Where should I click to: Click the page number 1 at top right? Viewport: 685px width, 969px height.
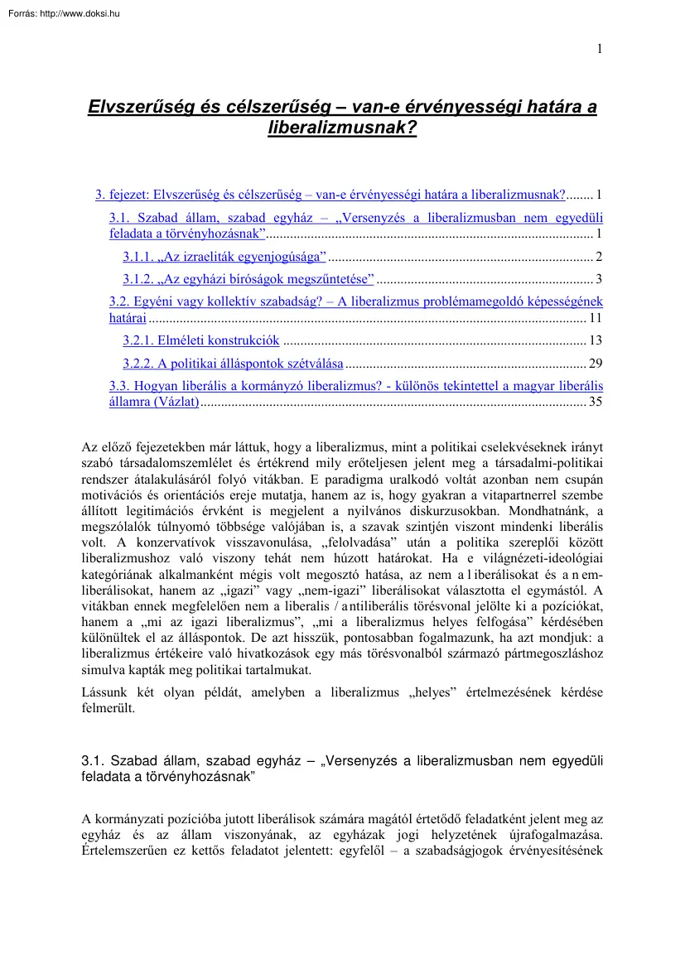(599, 49)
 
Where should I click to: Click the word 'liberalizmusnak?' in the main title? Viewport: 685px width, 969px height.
(342, 128)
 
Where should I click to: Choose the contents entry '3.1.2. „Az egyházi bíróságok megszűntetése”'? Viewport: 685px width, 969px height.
(248, 277)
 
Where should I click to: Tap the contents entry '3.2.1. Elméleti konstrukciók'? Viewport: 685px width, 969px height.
(201, 340)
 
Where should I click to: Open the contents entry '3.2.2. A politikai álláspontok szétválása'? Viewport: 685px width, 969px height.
(233, 363)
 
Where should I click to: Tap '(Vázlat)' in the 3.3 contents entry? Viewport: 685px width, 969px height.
(176, 402)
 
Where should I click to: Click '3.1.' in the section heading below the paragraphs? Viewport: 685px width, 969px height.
(94, 762)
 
